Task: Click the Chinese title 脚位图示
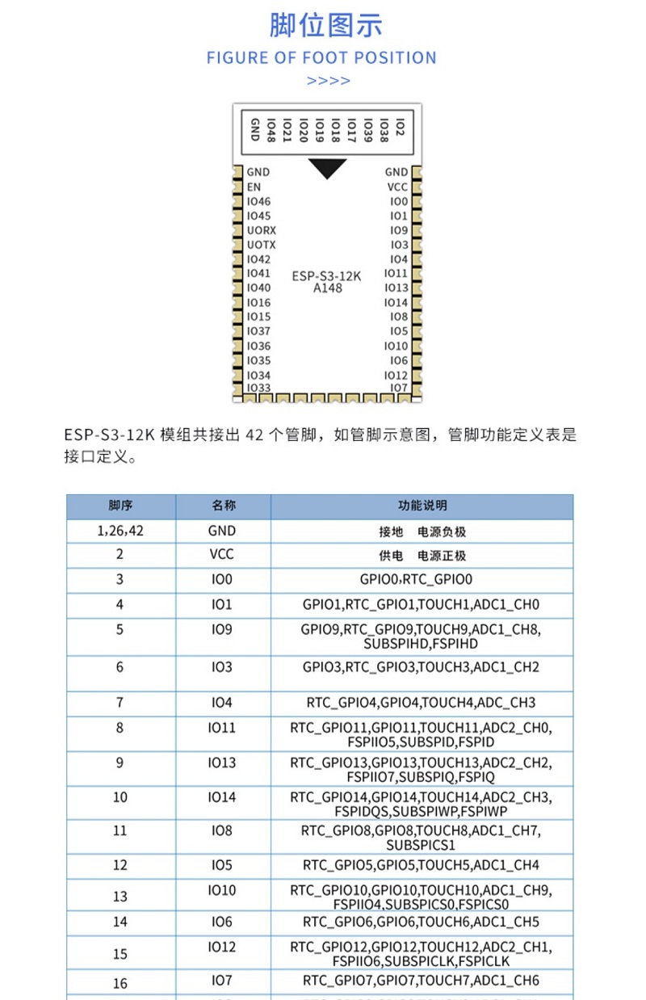click(x=325, y=25)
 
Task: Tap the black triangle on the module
click(x=327, y=168)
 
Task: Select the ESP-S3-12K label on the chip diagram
click(x=326, y=275)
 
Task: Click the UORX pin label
click(x=261, y=230)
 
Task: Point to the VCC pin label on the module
click(x=396, y=187)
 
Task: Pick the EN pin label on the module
click(x=254, y=187)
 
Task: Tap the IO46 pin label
click(x=258, y=201)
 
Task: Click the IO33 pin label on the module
click(x=258, y=388)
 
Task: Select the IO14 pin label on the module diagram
click(x=396, y=303)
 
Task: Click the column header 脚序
click(x=120, y=506)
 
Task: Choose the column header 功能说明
click(x=422, y=506)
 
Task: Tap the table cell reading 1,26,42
click(x=120, y=531)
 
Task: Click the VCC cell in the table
click(x=222, y=556)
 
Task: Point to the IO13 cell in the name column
click(x=222, y=763)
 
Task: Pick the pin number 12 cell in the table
click(x=120, y=865)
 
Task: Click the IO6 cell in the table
click(x=222, y=922)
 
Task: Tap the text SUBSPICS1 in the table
click(x=421, y=845)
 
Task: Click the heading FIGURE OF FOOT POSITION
click(x=321, y=58)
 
